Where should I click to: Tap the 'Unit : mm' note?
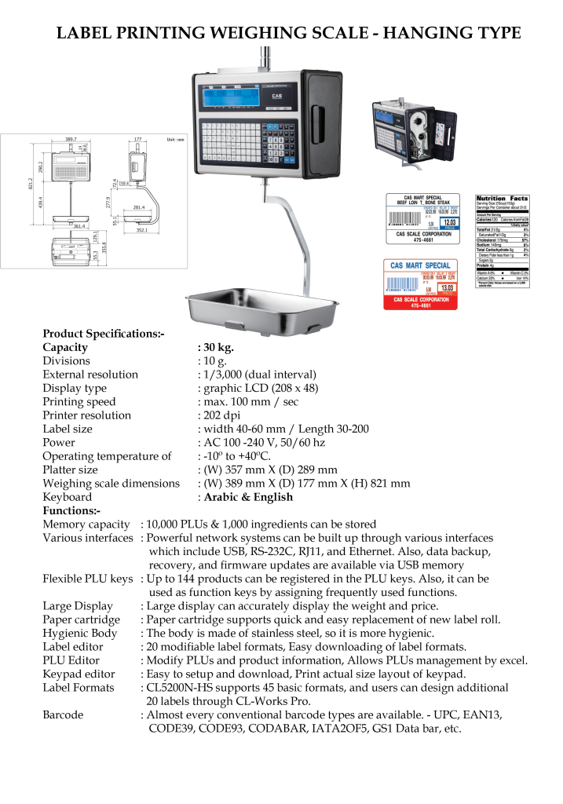[175, 139]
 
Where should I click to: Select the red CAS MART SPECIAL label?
[421, 283]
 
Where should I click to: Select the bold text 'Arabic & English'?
[248, 496]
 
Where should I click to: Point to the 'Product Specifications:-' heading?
[103, 333]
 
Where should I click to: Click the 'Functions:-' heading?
[72, 510]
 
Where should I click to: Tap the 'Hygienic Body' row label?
[79, 633]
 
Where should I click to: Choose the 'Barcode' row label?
[63, 714]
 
